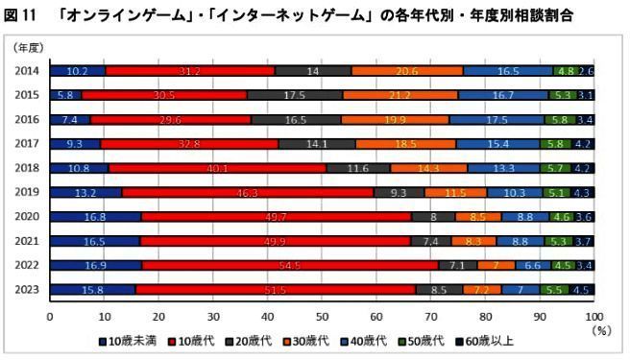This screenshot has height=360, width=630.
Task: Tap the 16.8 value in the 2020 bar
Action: (94, 217)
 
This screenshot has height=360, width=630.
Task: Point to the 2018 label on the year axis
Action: (26, 168)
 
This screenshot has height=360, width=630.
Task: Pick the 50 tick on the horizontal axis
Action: (322, 315)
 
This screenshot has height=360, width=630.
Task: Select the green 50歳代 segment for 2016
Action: (558, 119)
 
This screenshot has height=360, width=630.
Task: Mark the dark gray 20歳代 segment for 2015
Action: (294, 95)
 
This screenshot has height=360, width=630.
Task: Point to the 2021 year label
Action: (26, 241)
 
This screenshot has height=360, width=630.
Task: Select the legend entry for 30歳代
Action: (301, 340)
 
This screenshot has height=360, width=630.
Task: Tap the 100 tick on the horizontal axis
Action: (594, 315)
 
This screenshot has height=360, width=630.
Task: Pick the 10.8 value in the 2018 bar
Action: (78, 168)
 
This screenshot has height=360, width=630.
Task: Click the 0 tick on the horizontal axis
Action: (49, 315)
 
